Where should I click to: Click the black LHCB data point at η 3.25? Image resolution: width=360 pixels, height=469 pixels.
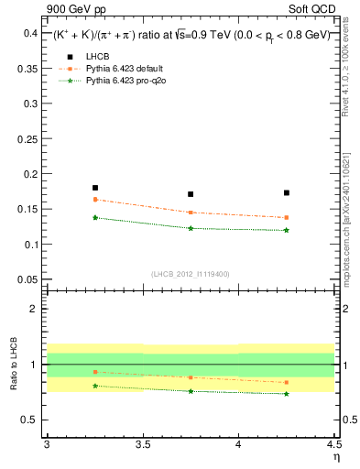[95, 188]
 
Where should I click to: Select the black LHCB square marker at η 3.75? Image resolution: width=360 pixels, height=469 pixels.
[191, 194]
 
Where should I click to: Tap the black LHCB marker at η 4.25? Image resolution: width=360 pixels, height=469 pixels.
[287, 193]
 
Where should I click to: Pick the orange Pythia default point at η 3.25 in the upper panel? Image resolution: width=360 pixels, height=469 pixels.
[95, 199]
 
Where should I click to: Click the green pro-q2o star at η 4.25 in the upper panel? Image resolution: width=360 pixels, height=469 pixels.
[287, 230]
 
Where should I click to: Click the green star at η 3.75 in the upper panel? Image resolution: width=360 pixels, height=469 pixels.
[191, 228]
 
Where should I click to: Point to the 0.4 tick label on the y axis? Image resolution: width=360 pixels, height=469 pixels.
[29, 33]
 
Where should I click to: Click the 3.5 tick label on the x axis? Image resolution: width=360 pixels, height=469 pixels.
[142, 446]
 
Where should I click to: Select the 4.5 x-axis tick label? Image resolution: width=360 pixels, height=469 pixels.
[333, 446]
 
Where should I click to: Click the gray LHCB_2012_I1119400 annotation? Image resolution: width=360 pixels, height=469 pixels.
[191, 274]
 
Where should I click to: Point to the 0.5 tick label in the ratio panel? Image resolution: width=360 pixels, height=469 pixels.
[32, 420]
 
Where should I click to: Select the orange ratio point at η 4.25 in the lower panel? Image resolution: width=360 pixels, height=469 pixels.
[287, 382]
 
